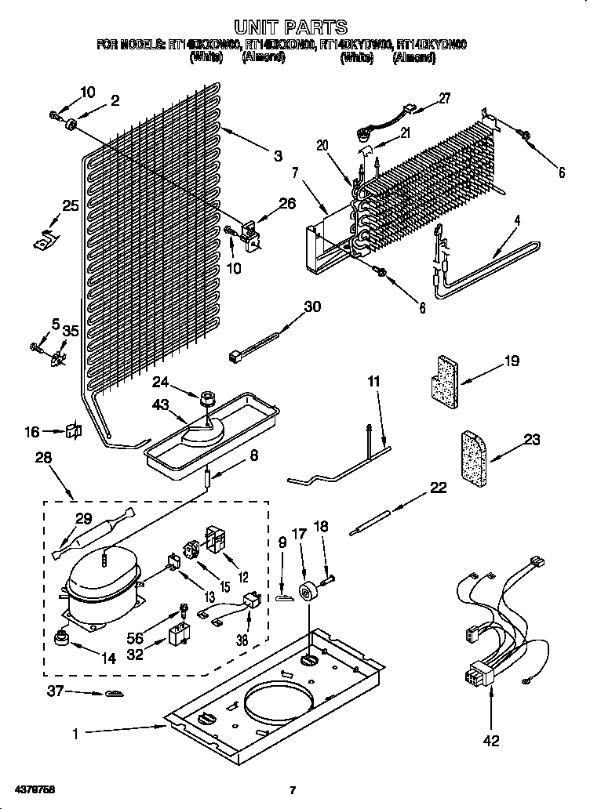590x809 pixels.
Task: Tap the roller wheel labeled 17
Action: click(x=309, y=591)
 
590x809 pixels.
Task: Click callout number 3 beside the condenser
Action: click(x=278, y=155)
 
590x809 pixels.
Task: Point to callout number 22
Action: click(x=437, y=488)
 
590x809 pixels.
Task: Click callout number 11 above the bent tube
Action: click(x=373, y=381)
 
